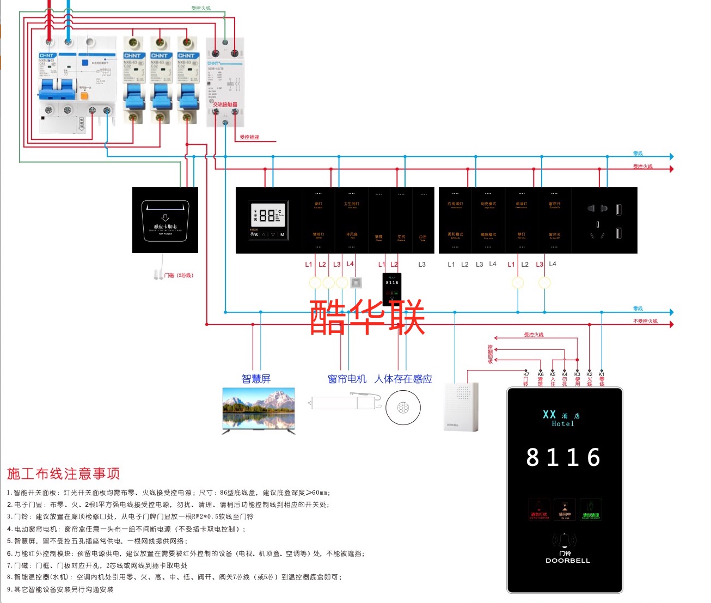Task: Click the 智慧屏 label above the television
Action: (256, 379)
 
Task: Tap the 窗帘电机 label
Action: (347, 379)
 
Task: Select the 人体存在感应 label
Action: (403, 379)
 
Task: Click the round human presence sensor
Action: (403, 408)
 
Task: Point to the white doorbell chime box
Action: (462, 407)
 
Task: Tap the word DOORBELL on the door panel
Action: (567, 561)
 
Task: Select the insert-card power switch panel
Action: (165, 220)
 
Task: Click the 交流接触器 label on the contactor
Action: (225, 104)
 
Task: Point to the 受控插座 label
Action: (249, 137)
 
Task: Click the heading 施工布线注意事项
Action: (64, 473)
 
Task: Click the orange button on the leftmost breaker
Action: (84, 95)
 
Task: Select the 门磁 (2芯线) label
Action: (179, 275)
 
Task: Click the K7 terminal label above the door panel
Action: (526, 374)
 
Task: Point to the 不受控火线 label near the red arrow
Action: (645, 321)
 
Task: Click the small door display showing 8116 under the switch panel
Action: (392, 288)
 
